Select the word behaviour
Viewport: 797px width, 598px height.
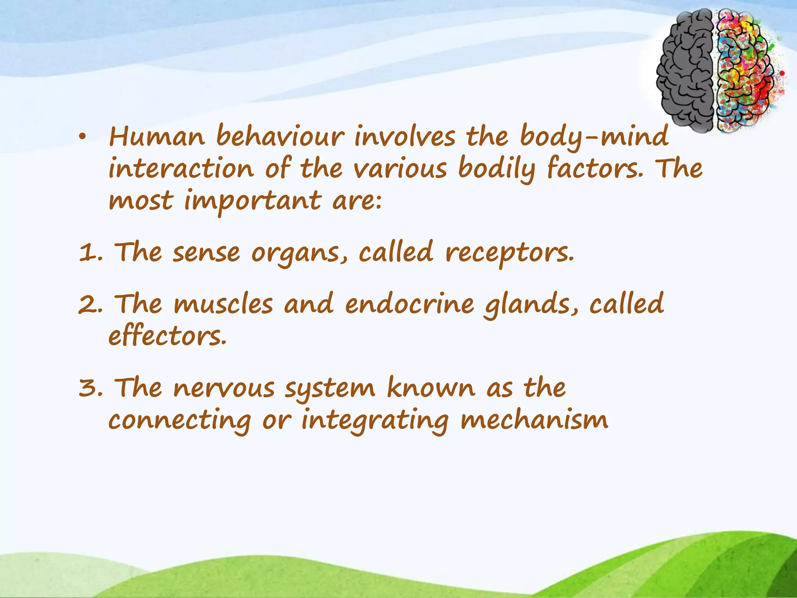[280, 137]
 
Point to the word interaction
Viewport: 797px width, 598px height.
[181, 169]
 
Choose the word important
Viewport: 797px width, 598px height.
[253, 202]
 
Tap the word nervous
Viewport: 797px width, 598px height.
[224, 388]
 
